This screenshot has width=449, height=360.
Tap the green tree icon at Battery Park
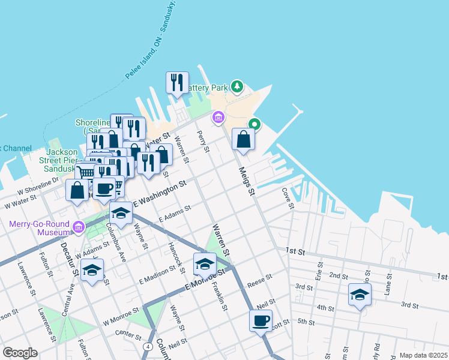point(237,88)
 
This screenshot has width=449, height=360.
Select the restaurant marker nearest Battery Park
point(177,83)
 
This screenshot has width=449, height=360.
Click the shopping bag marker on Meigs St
point(243,139)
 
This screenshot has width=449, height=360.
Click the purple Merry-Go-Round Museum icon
point(79,227)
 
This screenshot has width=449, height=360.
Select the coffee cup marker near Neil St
point(261,320)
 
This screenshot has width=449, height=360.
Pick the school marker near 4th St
point(360,294)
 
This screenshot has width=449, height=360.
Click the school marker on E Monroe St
point(205,263)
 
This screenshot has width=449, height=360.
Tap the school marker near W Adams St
point(92,270)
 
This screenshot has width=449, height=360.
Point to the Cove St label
point(289,198)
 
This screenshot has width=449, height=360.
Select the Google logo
point(20,353)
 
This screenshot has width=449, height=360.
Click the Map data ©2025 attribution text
point(423,355)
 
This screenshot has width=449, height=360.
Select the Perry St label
point(204,141)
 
